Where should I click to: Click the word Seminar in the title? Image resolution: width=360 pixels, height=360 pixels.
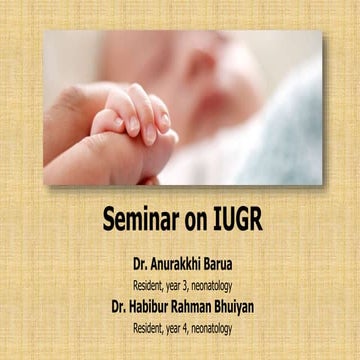pyautogui.click(x=144, y=218)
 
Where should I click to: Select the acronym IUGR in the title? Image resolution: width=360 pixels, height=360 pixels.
pyautogui.click(x=235, y=218)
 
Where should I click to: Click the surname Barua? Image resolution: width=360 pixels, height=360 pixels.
pyautogui.click(x=235, y=268)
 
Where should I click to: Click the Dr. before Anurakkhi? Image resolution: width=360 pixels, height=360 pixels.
pyautogui.click(x=141, y=268)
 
